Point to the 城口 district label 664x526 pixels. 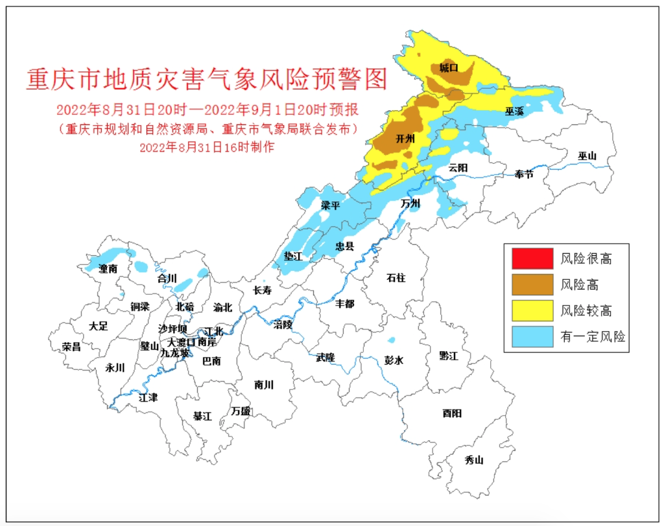(x=448, y=67)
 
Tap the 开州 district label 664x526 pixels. (x=405, y=138)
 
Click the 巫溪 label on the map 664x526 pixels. (x=514, y=111)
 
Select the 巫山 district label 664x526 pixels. (x=587, y=156)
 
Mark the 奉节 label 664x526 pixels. (x=523, y=174)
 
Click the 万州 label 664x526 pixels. (x=410, y=203)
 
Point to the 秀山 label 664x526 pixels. (x=474, y=460)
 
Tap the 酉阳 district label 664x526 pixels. (x=452, y=413)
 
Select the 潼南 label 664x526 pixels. (x=108, y=269)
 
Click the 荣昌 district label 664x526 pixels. (x=71, y=347)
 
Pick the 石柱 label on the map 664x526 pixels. (x=396, y=278)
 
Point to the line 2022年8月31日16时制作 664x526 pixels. (x=207, y=147)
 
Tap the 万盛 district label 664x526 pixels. (x=241, y=411)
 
